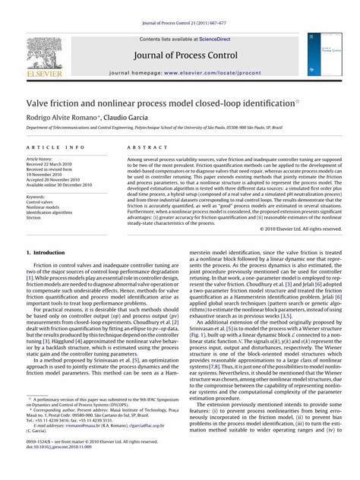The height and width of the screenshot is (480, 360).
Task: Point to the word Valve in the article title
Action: click(x=39, y=103)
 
